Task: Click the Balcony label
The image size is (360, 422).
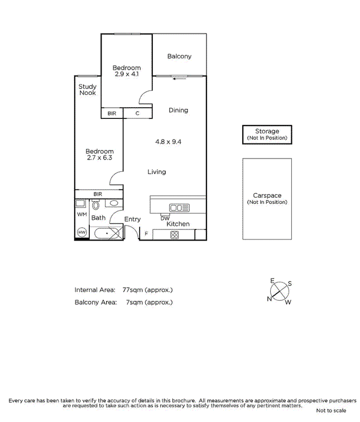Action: [179, 56]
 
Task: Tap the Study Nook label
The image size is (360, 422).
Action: [87, 90]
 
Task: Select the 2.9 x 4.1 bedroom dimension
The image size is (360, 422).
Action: [126, 74]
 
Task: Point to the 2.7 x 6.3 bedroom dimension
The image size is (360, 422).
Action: [99, 158]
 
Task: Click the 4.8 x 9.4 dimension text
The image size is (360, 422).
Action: [168, 142]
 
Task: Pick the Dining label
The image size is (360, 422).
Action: [178, 111]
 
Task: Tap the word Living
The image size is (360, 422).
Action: [156, 172]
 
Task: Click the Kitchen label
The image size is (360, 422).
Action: [177, 224]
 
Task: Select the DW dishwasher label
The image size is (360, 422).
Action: [165, 218]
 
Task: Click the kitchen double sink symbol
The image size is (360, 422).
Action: [180, 208]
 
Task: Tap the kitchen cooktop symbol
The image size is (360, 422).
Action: [174, 235]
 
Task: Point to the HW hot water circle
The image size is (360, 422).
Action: [81, 232]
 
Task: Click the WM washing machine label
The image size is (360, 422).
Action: [81, 214]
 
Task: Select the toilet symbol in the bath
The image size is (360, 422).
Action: [95, 205]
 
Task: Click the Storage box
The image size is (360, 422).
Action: [267, 135]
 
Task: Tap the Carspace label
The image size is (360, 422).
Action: [267, 196]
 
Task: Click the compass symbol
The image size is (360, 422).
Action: [280, 292]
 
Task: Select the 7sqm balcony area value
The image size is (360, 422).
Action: [149, 303]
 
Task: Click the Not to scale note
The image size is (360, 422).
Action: [331, 411]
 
